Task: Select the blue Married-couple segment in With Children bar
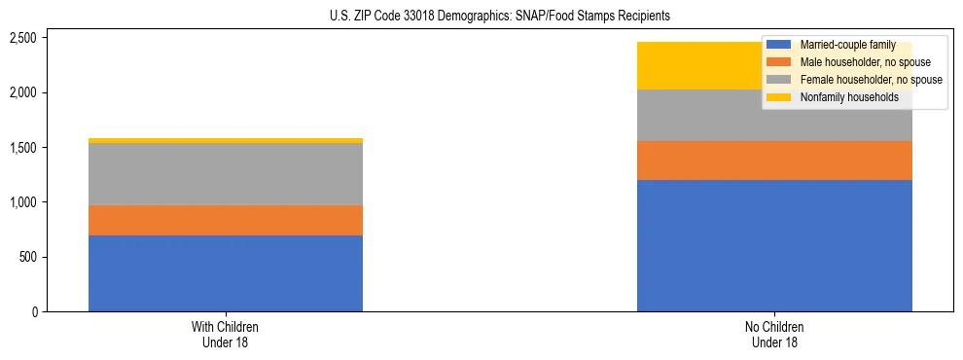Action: (x=226, y=273)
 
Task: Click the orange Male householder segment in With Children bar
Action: (x=226, y=220)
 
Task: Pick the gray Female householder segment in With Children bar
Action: (x=226, y=174)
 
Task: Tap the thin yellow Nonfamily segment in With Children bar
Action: (x=226, y=141)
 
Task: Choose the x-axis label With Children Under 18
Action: (x=226, y=335)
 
